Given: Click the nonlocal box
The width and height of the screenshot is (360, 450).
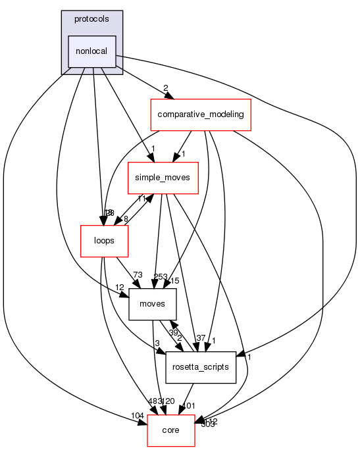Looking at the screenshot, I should tap(93, 51).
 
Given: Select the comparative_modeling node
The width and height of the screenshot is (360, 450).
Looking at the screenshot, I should tap(198, 114).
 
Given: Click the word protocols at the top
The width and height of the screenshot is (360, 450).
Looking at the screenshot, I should tap(92, 18).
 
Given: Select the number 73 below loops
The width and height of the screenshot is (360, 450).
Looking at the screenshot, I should tap(138, 274).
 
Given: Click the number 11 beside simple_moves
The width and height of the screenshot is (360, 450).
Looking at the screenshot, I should tap(141, 198).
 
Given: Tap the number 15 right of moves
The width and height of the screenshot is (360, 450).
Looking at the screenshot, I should tap(175, 281).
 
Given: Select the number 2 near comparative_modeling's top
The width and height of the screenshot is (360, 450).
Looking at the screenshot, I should tap(165, 87).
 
